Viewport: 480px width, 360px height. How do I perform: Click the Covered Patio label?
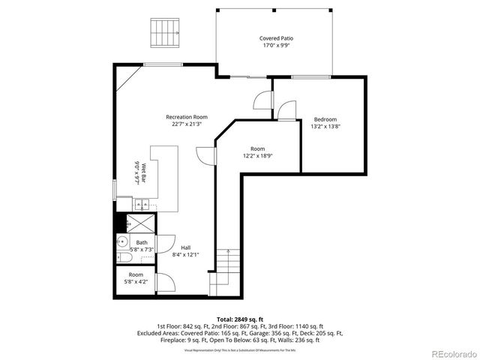tap(276, 38)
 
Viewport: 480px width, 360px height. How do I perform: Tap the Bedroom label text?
tap(325, 119)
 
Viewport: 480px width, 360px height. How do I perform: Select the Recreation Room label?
tap(187, 117)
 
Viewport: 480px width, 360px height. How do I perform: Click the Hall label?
tap(184, 247)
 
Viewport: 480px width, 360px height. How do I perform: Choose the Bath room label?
tap(142, 242)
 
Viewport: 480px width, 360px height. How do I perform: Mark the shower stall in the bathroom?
tap(138, 222)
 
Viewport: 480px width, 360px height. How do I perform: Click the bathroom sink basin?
tap(121, 241)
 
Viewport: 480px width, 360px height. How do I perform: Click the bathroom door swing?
tap(166, 247)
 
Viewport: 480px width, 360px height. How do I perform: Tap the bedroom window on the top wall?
tap(312, 76)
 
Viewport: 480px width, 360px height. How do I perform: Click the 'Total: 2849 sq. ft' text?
tap(239, 319)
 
